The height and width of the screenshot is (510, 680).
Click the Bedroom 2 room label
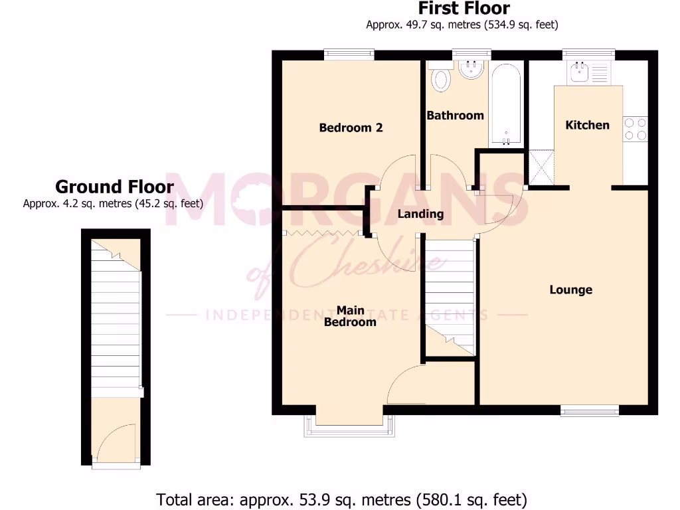[351, 127]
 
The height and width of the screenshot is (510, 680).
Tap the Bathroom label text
[455, 116]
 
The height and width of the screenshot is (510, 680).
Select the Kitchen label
[587, 125]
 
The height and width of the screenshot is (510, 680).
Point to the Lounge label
[570, 290]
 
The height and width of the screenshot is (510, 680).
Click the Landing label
[420, 214]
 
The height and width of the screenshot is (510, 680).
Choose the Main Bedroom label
[350, 316]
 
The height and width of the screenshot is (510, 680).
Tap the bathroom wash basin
[471, 69]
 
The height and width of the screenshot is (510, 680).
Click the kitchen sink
[578, 72]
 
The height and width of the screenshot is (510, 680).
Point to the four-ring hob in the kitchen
[635, 129]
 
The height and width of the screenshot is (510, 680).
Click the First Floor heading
[464, 9]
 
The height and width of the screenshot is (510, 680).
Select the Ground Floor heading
[114, 187]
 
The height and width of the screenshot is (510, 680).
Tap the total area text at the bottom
[341, 498]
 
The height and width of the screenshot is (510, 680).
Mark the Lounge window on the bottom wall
[590, 410]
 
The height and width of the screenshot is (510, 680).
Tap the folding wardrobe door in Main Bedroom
[321, 233]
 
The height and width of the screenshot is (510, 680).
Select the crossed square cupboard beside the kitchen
[541, 167]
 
